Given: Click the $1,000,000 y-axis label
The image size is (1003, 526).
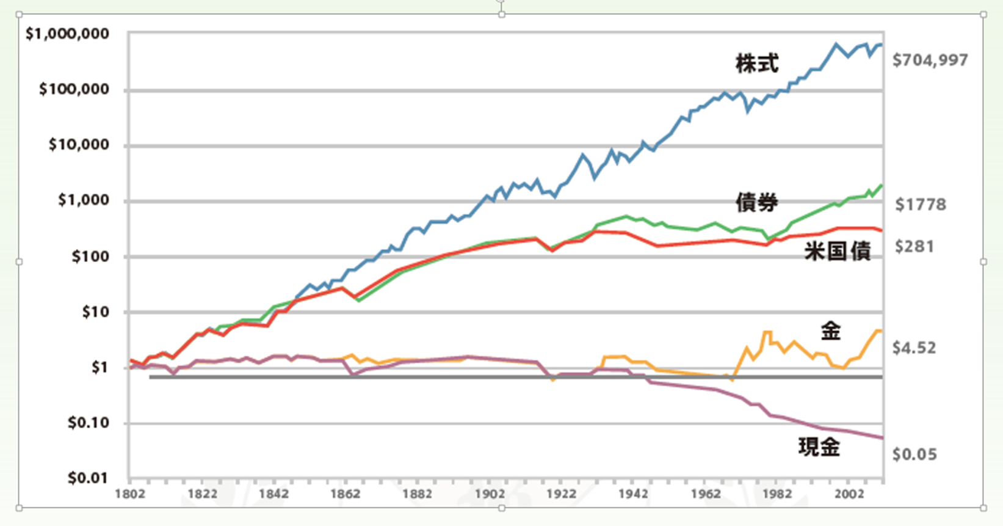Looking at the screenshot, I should point(67,34).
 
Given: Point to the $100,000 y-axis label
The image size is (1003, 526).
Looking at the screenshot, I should point(74,90).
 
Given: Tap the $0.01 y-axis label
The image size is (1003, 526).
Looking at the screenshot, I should point(89,478).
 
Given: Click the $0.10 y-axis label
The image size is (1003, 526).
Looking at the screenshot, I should point(89,423).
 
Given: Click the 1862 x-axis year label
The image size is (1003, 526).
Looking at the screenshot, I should point(346,494).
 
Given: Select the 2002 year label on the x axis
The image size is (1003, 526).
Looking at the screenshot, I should point(849,494).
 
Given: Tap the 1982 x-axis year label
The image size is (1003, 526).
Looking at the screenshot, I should point(777,494).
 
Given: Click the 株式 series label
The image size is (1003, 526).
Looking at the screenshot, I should point(757,64).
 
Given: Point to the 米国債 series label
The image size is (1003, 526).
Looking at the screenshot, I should point(837,251).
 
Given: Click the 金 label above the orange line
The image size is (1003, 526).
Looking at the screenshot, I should point(830,331).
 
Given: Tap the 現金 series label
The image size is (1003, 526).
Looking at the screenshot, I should point(819,447).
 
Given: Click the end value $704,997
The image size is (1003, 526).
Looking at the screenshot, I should point(930,60).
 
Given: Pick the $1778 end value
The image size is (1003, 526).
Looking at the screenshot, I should point(921,205).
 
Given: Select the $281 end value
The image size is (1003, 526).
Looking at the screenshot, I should point(914,246).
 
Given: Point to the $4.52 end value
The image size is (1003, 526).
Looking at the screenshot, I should point(914,348).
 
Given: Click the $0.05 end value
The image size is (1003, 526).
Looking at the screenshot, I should point(914,455).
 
